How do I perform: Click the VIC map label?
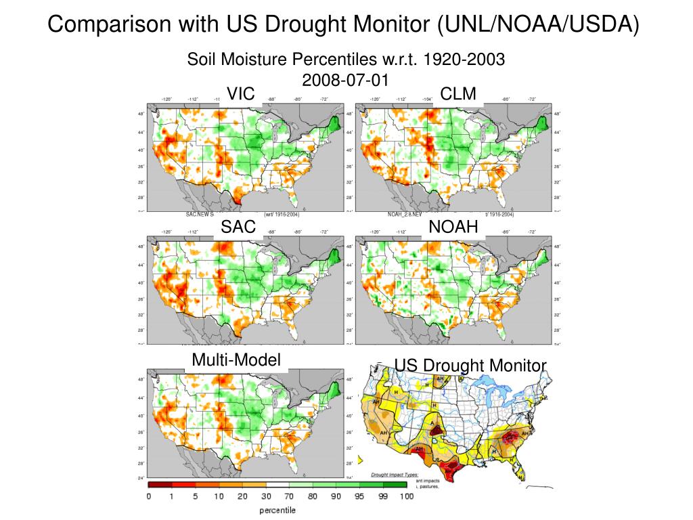pyautogui.click(x=240, y=94)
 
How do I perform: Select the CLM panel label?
pyautogui.click(x=458, y=94)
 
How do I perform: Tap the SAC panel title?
pyautogui.click(x=239, y=227)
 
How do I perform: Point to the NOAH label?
pyautogui.click(x=454, y=227)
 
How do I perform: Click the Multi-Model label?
pyautogui.click(x=236, y=360)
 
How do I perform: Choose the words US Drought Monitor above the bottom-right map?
pyautogui.click(x=470, y=366)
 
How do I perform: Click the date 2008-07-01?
pyautogui.click(x=346, y=80)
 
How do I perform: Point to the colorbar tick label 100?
pyautogui.click(x=406, y=497)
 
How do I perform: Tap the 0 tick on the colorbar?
pyautogui.click(x=148, y=497)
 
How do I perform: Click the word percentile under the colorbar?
pyautogui.click(x=277, y=511)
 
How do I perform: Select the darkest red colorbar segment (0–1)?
pyautogui.click(x=160, y=485)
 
